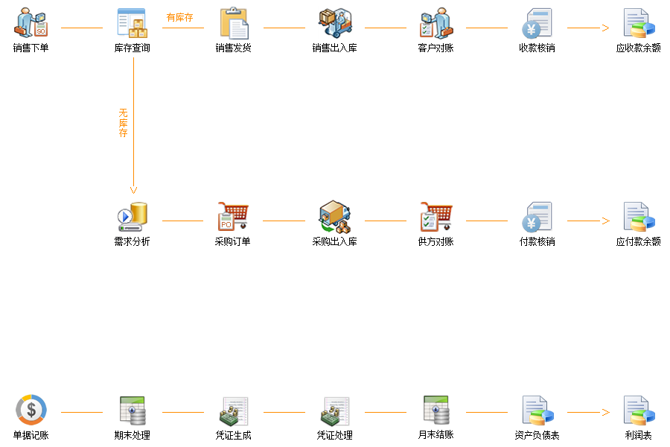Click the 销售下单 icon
(31, 23)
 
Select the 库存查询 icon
(133, 23)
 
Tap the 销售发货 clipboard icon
(234, 23)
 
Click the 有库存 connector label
(179, 17)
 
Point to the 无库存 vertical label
(124, 123)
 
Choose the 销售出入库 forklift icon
(335, 23)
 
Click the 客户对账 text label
(436, 48)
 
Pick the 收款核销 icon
(537, 23)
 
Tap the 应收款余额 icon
(638, 23)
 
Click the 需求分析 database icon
(133, 217)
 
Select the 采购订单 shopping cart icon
(234, 217)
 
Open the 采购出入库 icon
(335, 217)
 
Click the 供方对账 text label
(436, 242)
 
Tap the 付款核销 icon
(537, 217)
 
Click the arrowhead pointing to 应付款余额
(605, 221)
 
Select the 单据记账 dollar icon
(31, 410)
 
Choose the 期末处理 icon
(133, 410)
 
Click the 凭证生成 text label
(234, 435)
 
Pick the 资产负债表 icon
(537, 410)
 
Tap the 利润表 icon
(638, 410)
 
